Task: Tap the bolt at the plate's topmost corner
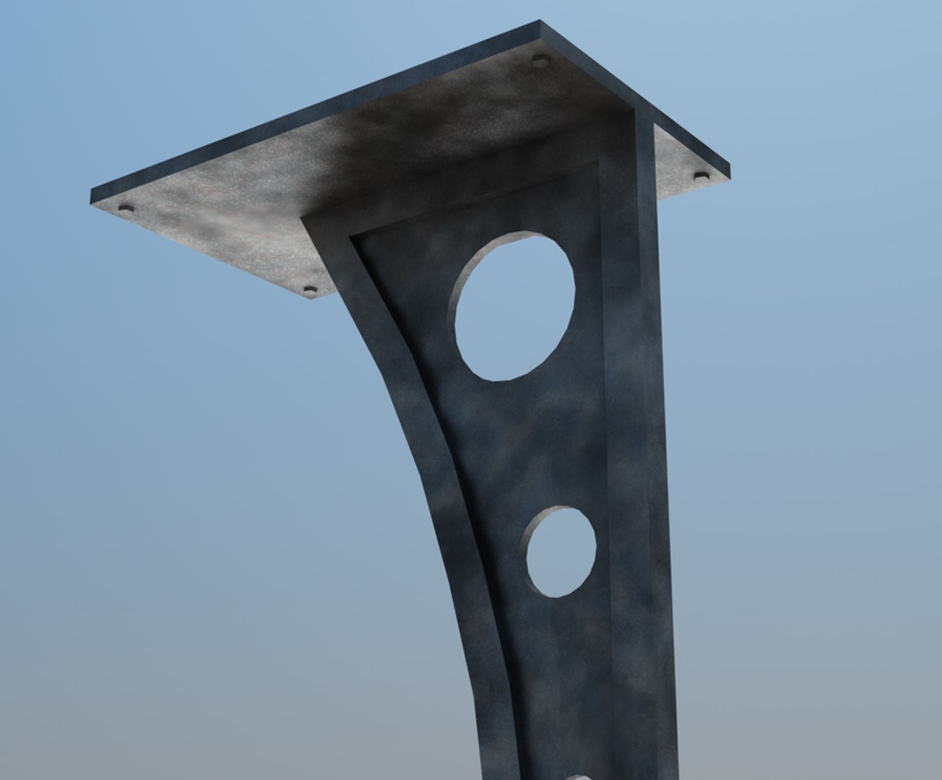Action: point(540,60)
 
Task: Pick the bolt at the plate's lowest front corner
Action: point(310,290)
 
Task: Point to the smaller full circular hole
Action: point(561,552)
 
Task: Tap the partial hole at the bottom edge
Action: point(578,776)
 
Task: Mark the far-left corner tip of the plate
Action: point(92,196)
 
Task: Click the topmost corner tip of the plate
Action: point(540,22)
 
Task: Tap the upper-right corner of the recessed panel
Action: point(598,162)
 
